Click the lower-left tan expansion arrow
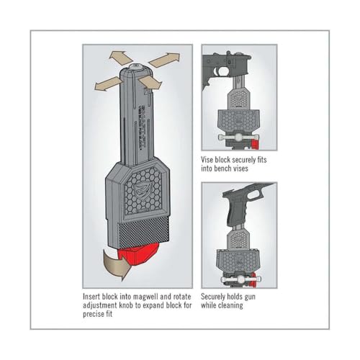(x=107, y=84)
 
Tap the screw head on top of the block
(x=137, y=67)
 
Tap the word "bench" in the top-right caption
(x=225, y=168)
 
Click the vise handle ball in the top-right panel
(x=238, y=138)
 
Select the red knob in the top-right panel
(x=255, y=144)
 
